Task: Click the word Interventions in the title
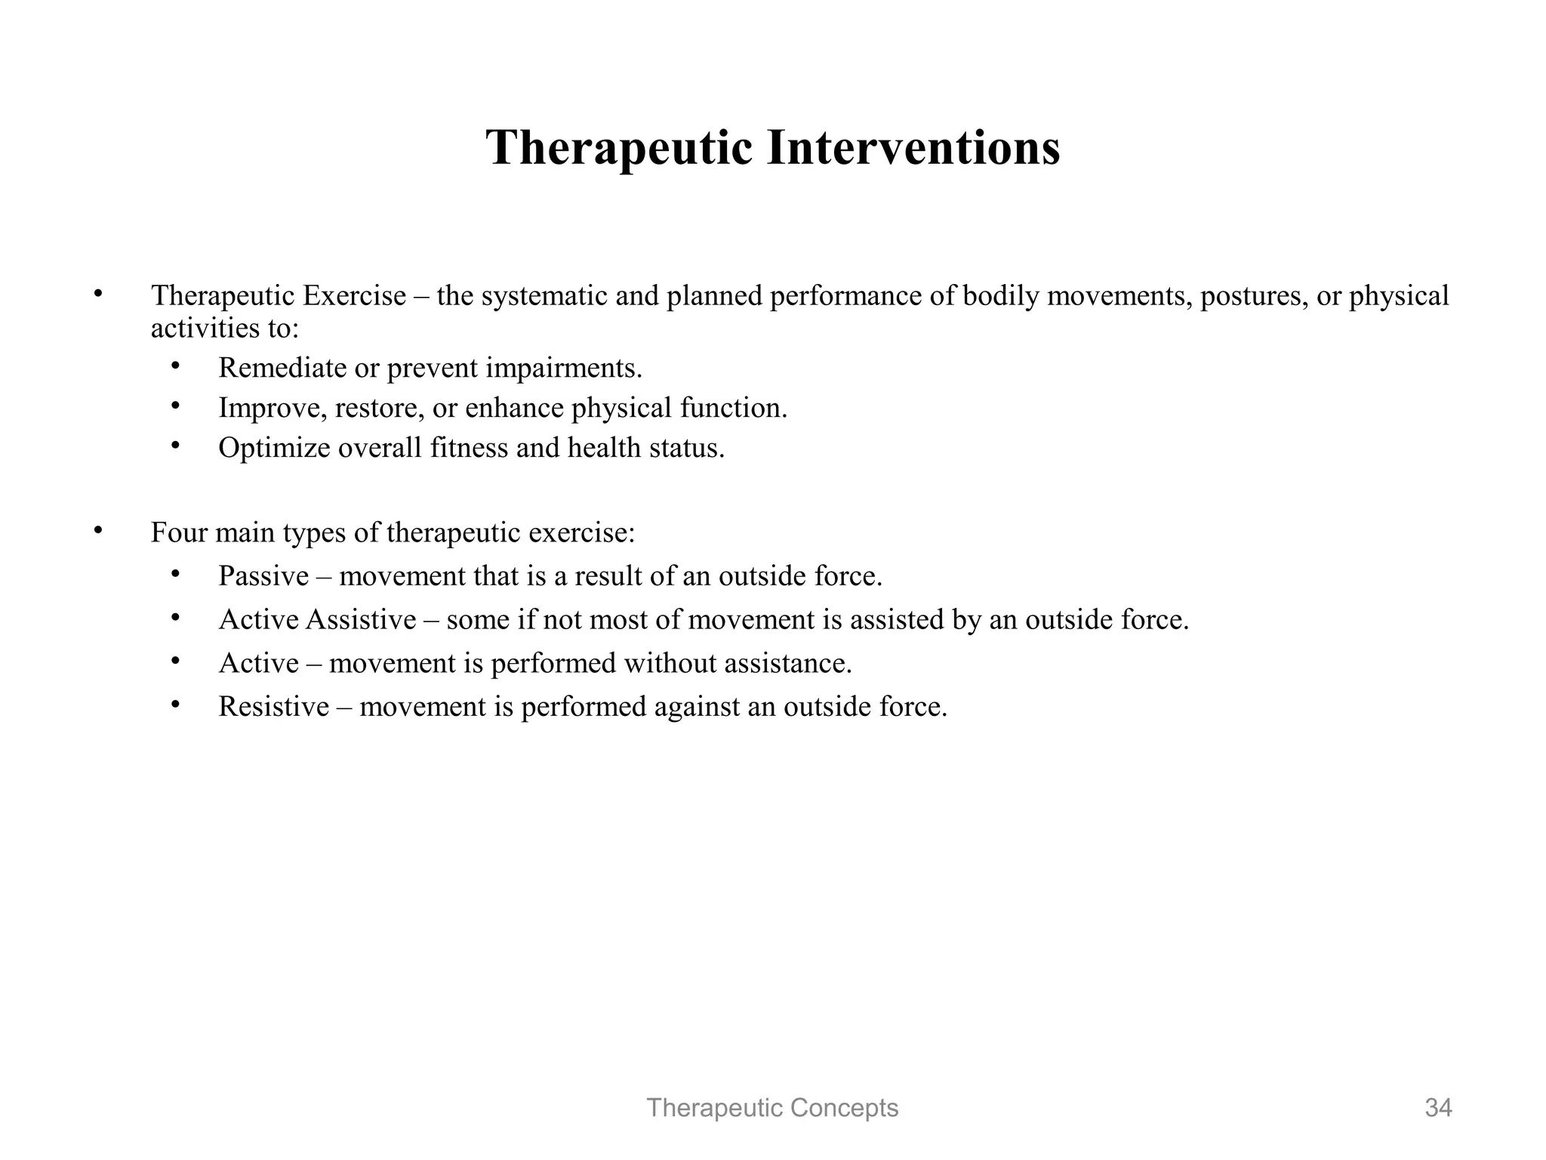[x=913, y=147]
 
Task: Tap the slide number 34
[x=1438, y=1108]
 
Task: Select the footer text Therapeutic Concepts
[x=772, y=1108]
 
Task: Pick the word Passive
[x=263, y=576]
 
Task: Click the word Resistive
[x=273, y=707]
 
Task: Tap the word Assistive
[x=361, y=620]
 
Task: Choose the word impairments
[x=563, y=368]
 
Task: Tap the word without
[x=669, y=663]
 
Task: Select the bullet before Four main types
[x=97, y=531]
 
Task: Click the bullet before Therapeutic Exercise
[x=97, y=294]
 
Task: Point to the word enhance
[x=514, y=408]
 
